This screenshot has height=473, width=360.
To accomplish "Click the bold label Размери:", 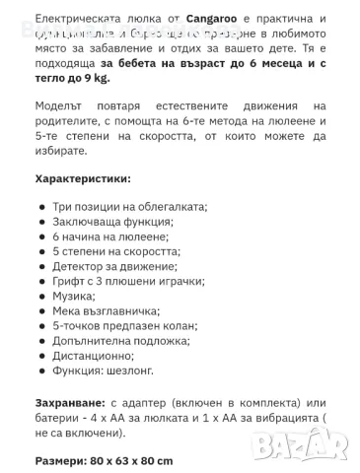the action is [62, 460].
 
